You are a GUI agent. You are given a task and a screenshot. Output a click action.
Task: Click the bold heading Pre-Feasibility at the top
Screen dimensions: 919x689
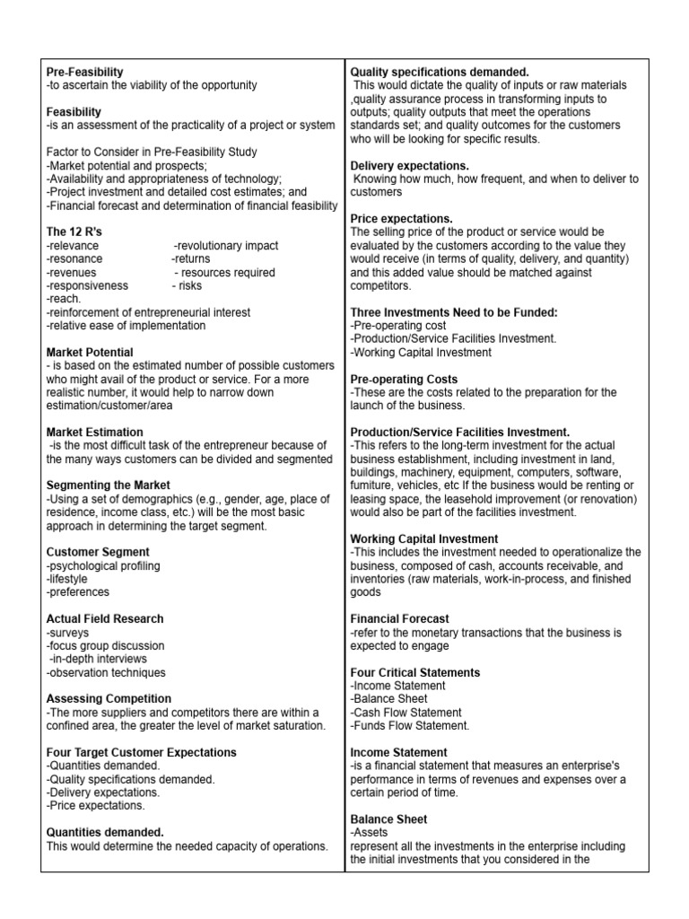coord(84,71)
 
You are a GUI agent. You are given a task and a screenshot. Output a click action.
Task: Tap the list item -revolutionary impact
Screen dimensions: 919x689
coord(225,245)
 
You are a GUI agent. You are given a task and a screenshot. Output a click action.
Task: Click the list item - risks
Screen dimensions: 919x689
coord(189,285)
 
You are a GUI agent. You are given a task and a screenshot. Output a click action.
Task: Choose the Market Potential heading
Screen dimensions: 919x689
coord(89,353)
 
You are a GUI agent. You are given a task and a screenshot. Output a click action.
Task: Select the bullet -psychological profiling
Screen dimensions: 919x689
coord(102,565)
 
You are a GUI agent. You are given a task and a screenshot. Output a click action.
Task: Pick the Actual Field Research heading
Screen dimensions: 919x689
coord(104,619)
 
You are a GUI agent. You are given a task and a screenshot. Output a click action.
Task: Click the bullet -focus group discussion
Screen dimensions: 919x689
coord(105,645)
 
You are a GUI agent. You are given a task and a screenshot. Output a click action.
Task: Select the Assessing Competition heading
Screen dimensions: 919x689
coord(108,698)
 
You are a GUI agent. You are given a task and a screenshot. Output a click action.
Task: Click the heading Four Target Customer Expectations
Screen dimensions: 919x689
coord(141,752)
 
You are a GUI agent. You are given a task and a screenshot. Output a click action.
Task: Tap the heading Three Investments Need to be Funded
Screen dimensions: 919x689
coord(454,312)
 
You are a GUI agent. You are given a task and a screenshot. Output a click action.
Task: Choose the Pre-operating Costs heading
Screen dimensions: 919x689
coord(404,380)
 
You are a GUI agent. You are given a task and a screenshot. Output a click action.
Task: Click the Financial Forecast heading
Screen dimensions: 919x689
coord(400,619)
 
